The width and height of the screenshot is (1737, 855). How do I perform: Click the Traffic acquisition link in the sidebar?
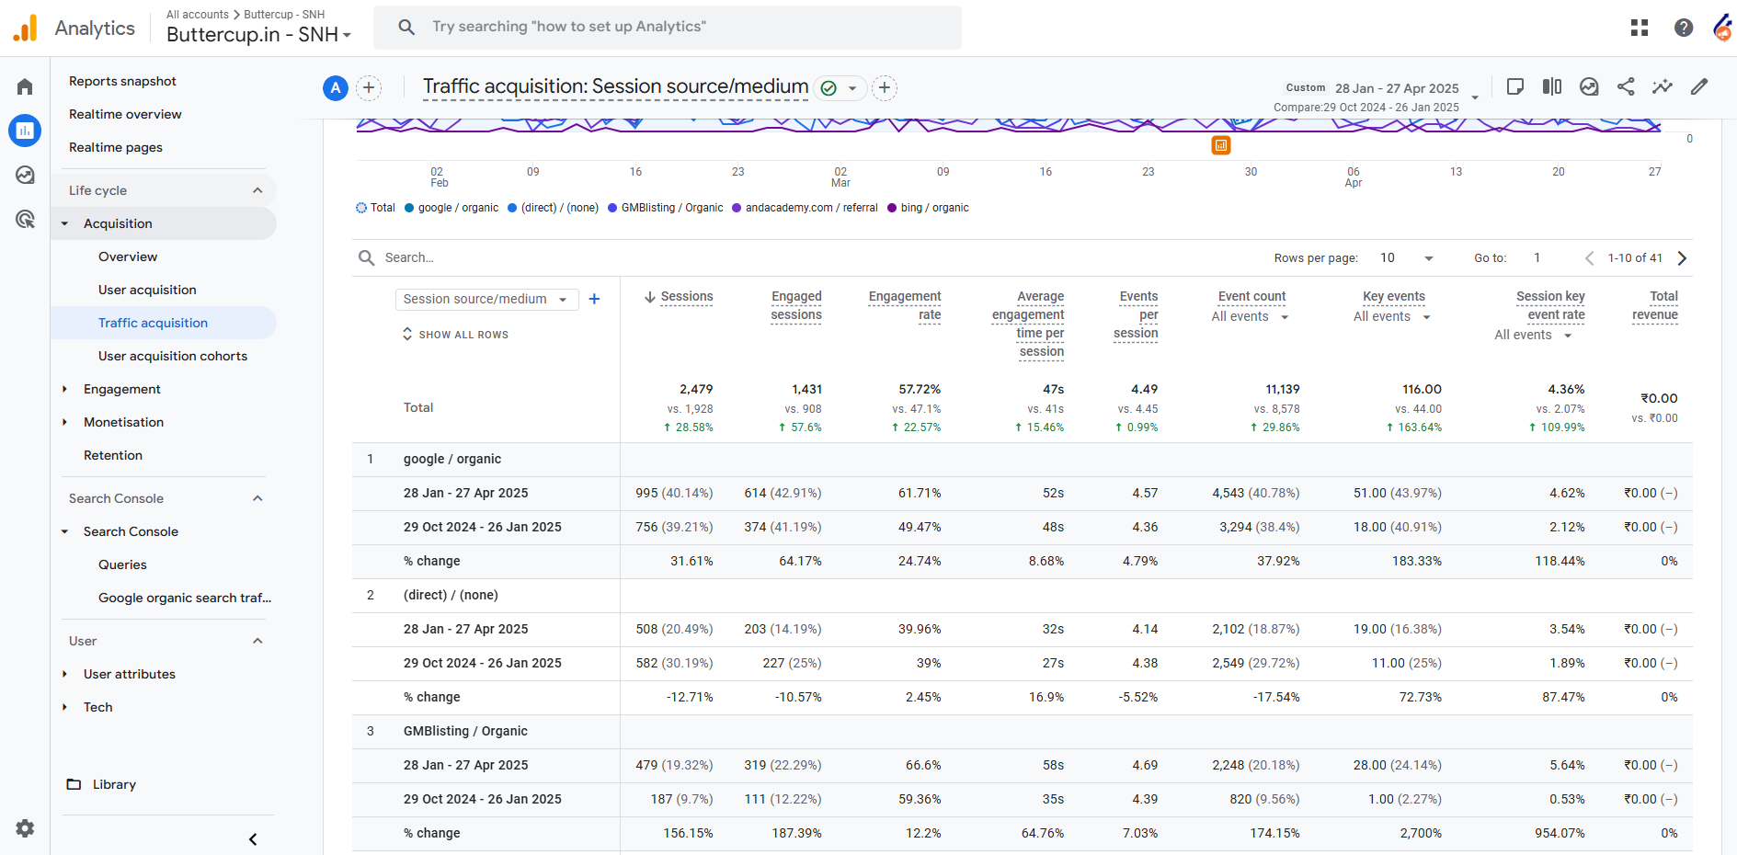[153, 323]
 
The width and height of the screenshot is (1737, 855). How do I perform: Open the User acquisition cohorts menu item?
[173, 356]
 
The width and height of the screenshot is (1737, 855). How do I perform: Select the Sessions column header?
[686, 296]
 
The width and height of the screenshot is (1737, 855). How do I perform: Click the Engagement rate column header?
[905, 305]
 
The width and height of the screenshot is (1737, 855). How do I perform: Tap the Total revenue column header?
[1655, 305]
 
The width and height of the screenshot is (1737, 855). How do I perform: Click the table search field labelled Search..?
[409, 257]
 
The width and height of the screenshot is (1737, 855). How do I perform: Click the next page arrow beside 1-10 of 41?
[1682, 258]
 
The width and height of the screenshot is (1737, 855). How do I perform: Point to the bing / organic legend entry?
[928, 208]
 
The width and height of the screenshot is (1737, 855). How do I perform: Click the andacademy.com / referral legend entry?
[805, 208]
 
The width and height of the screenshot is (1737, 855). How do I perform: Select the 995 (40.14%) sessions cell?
[674, 493]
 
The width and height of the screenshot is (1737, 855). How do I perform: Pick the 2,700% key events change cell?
[1421, 833]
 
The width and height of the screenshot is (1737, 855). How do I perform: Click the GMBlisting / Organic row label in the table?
[465, 731]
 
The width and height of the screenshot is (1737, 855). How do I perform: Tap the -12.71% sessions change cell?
[690, 697]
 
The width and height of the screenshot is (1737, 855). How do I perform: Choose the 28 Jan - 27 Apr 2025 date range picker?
[1397, 88]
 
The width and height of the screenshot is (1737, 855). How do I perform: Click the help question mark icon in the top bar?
[1684, 28]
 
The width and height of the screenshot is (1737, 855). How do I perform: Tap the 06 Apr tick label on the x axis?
[1354, 177]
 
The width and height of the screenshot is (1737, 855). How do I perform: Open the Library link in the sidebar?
[114, 784]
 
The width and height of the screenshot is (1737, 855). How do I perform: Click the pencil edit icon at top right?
[1699, 86]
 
